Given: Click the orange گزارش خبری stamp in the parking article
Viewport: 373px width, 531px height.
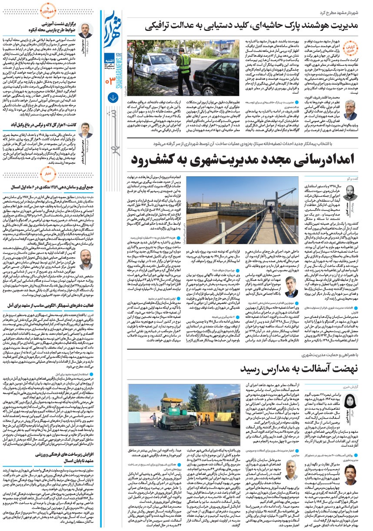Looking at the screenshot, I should point(350,47).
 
